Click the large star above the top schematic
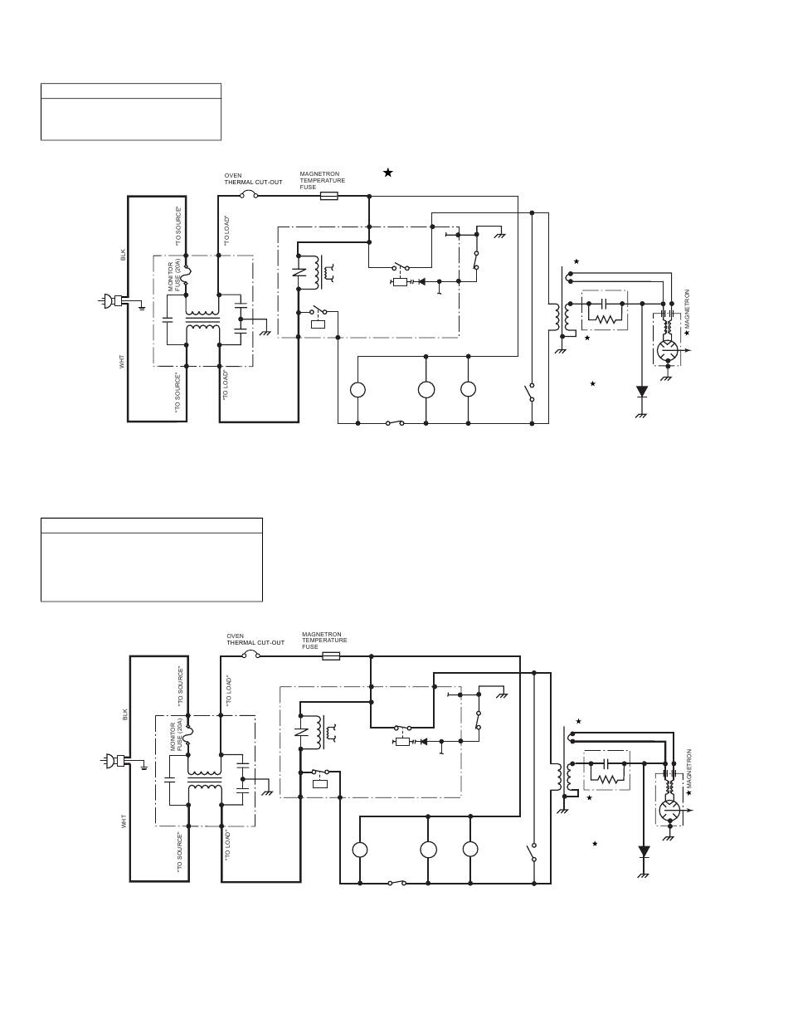tap(387, 173)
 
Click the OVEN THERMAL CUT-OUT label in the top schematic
tap(253, 179)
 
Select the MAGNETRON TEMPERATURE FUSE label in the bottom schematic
tap(324, 640)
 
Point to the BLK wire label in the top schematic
tap(124, 255)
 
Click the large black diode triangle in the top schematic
tap(641, 391)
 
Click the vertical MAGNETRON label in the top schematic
tap(687, 309)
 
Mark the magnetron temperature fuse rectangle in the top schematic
tap(328, 196)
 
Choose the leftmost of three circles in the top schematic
tap(358, 390)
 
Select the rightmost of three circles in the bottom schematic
tap(470, 850)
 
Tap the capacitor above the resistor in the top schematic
tap(606, 304)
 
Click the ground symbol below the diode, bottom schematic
tap(643, 875)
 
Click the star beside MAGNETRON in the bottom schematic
tap(689, 793)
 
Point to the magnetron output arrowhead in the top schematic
tap(688, 350)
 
